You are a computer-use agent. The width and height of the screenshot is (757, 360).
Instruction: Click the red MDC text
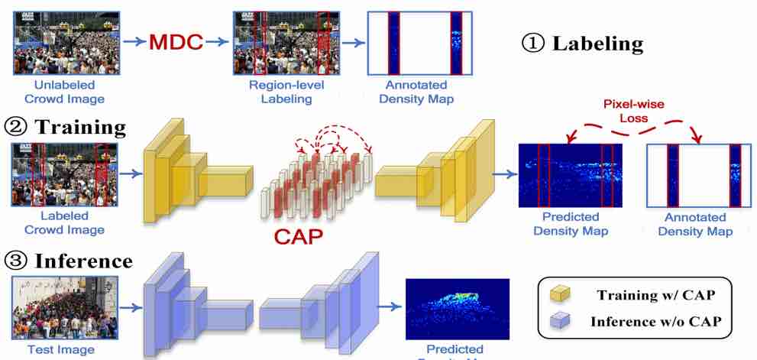pos(175,43)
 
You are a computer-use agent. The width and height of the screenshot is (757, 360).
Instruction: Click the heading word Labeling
pos(597,43)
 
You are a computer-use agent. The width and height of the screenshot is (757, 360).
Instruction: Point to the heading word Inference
pos(83,261)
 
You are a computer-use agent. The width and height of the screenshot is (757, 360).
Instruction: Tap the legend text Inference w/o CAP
pos(655,321)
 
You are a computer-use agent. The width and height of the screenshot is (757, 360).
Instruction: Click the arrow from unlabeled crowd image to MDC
pos(132,43)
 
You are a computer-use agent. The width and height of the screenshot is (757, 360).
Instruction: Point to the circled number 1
pos(532,43)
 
